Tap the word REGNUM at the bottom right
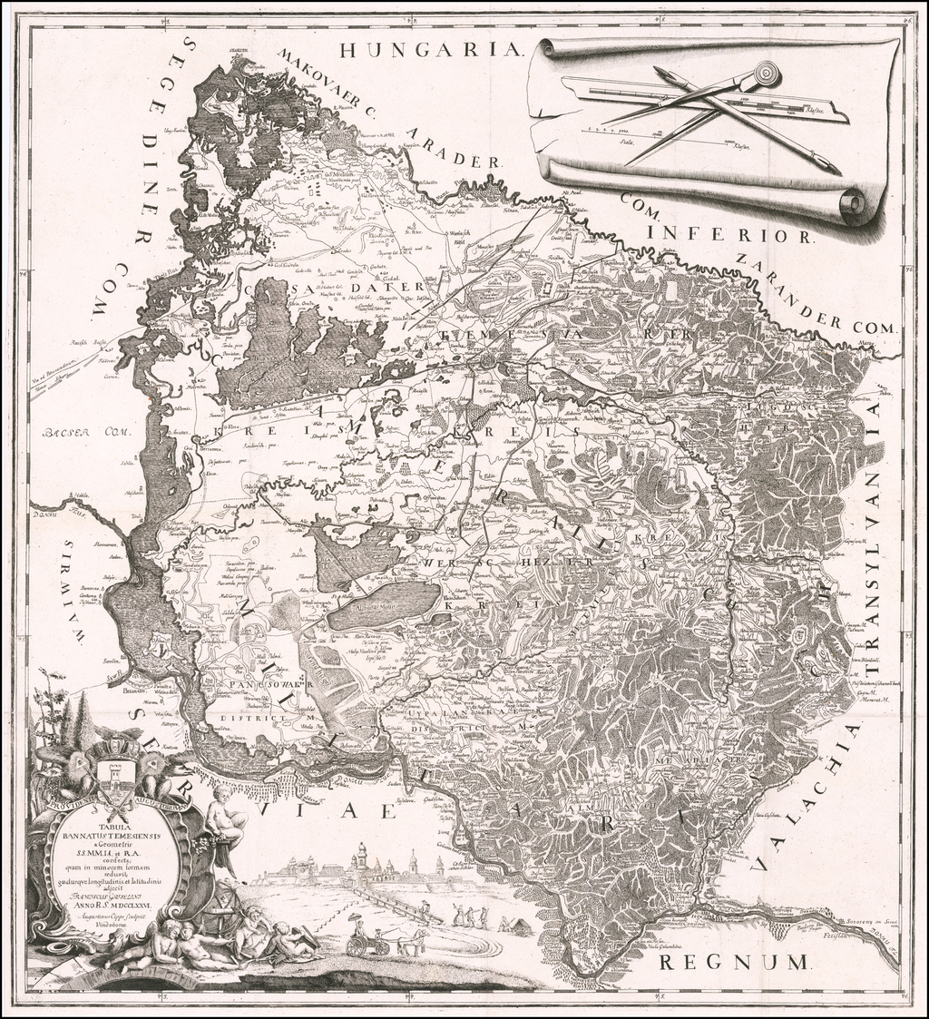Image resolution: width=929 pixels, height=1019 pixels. click(730, 961)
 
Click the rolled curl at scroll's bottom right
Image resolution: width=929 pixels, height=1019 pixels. click(853, 204)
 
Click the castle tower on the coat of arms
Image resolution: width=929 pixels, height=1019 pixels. click(115, 773)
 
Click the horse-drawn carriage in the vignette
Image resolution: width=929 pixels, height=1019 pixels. click(368, 944)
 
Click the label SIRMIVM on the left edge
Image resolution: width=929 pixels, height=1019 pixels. click(72, 590)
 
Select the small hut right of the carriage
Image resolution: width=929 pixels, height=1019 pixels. click(520, 926)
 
